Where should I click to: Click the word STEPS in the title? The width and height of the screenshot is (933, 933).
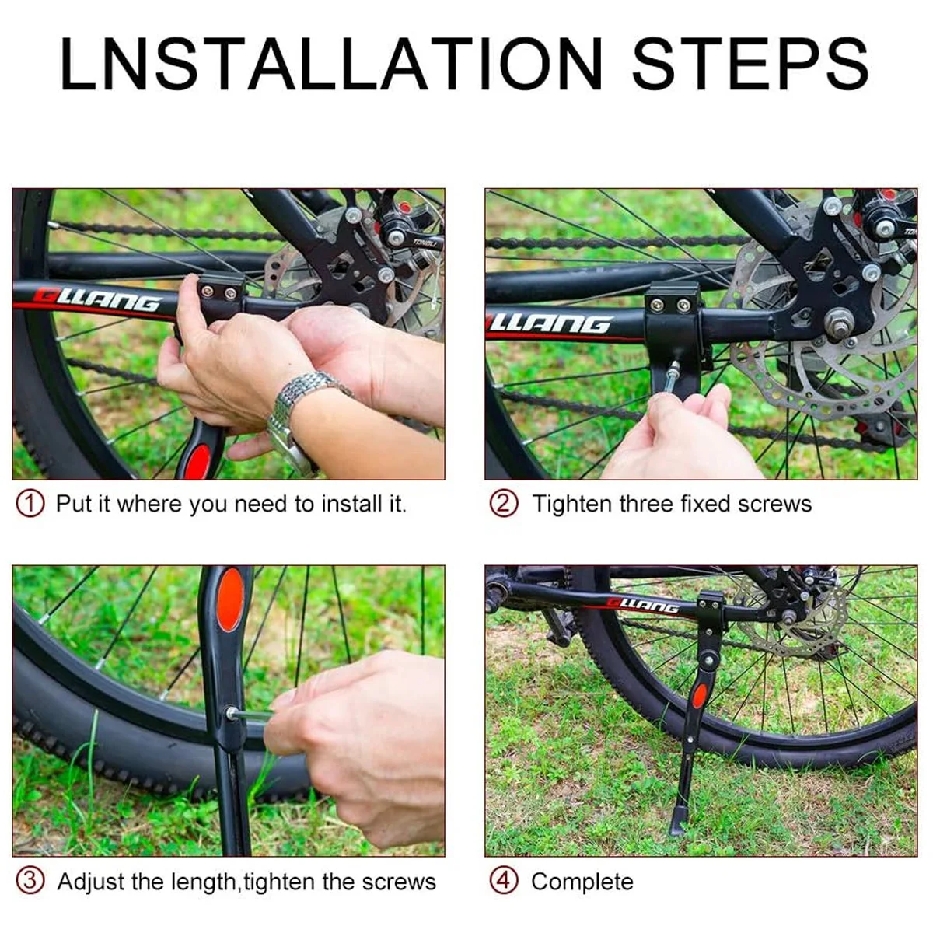[750, 64]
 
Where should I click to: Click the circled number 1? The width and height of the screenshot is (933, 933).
[30, 504]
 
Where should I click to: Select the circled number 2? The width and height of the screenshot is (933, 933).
[504, 504]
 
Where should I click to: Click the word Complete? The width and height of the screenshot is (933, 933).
[582, 882]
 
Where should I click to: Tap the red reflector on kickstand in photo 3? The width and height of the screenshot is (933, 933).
[229, 600]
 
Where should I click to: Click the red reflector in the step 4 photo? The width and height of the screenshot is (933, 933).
[700, 696]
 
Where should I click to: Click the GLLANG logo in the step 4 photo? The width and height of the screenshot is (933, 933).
[643, 606]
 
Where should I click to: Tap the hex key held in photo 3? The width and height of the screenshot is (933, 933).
[250, 714]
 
